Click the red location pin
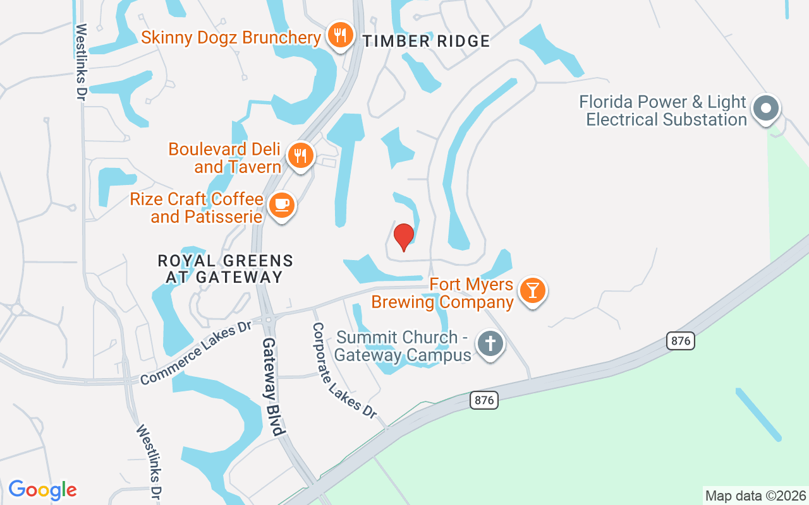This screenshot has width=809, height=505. coord(404,237)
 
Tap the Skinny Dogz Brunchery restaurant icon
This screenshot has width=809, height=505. coord(341,35)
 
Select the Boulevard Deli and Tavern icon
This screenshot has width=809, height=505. coord(300,155)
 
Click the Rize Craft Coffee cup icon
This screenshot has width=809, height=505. coord(282,205)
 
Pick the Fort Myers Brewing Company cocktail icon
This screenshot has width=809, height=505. coord(533,290)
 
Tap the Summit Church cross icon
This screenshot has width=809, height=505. coord(490,344)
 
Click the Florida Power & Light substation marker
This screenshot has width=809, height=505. coord(766,109)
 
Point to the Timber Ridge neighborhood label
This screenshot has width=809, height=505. coord(426,42)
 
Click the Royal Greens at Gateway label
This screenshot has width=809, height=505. coord(225,269)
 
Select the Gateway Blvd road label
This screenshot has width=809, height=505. coord(272,386)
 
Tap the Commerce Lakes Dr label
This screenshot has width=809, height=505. coord(196,353)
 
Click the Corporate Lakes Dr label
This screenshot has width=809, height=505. coord(344,371)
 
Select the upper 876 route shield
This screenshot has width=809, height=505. coord(680,341)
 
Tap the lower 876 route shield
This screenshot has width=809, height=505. coord(484,400)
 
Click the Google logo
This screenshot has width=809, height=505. coord(42,490)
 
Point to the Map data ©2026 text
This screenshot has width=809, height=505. coord(755,496)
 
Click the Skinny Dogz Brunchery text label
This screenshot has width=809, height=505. coord(231,37)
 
